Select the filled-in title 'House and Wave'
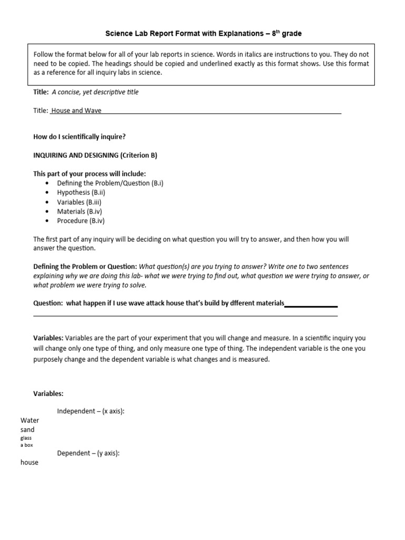(x=76, y=111)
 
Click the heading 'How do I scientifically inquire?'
(x=80, y=137)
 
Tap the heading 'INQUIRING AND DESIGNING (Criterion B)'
(x=95, y=155)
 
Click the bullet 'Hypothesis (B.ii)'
(x=81, y=192)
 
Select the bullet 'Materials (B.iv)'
(x=80, y=211)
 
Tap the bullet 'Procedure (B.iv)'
(x=81, y=221)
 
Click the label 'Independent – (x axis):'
(x=91, y=411)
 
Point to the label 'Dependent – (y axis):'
(x=88, y=453)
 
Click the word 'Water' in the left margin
(x=30, y=420)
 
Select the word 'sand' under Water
(x=27, y=430)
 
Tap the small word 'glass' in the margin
(x=26, y=438)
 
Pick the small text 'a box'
(x=26, y=445)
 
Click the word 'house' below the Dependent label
(x=30, y=462)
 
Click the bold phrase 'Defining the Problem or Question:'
(x=85, y=266)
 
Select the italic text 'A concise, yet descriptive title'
(x=95, y=92)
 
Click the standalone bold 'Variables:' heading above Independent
(x=49, y=393)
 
